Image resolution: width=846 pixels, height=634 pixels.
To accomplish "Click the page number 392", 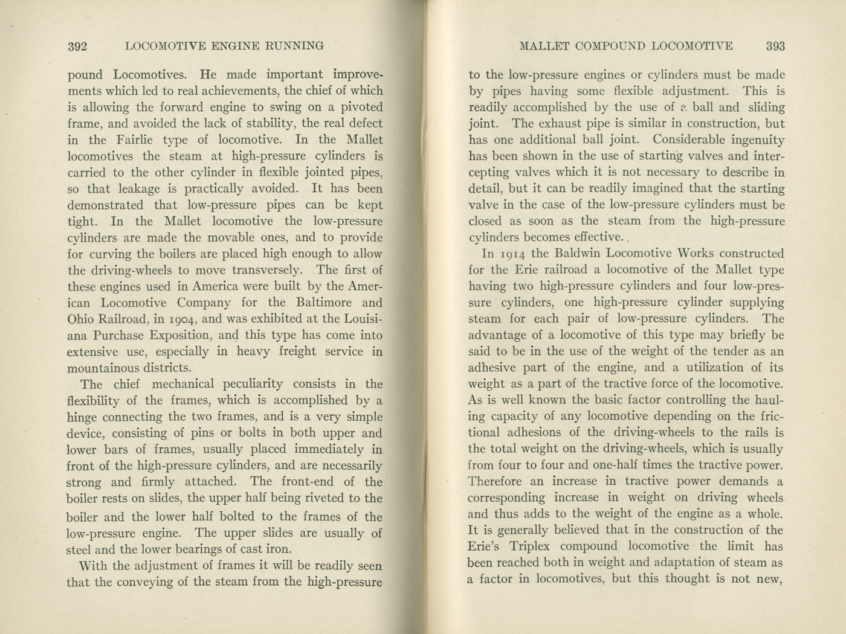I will (x=79, y=46).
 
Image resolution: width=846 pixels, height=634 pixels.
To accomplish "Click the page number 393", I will (x=775, y=46).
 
